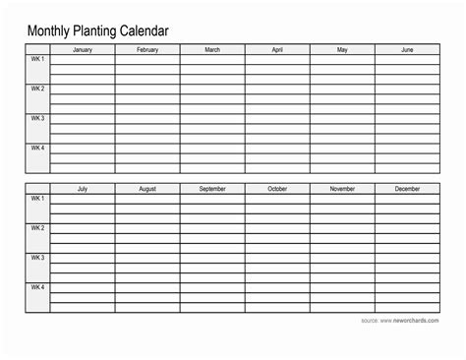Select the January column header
(x=82, y=49)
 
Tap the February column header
(x=147, y=49)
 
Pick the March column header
(x=212, y=49)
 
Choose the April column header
(x=277, y=49)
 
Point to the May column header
(x=342, y=49)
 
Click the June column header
(x=407, y=49)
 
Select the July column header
(x=82, y=188)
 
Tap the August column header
(x=147, y=188)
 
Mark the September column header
(x=212, y=188)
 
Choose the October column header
(x=277, y=188)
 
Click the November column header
(x=342, y=188)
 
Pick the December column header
(x=407, y=188)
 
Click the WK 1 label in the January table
(x=37, y=59)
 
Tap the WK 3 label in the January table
(x=37, y=118)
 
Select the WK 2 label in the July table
(x=37, y=227)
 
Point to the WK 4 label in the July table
(x=37, y=287)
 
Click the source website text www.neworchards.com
(x=411, y=322)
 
